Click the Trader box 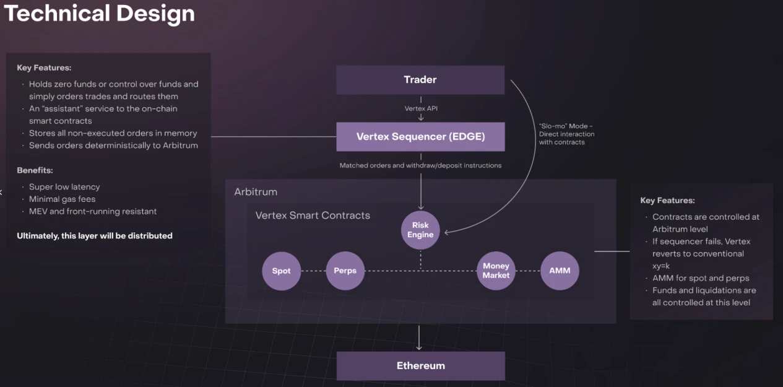(x=420, y=80)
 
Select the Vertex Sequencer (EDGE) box (x=420, y=137)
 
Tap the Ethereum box (x=420, y=366)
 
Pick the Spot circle (x=281, y=271)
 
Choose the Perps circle (x=345, y=271)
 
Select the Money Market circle (x=496, y=271)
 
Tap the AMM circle (x=560, y=271)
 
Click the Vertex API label (x=420, y=108)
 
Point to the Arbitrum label (x=256, y=192)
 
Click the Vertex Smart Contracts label (x=313, y=215)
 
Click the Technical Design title (x=99, y=13)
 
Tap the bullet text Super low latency (x=64, y=187)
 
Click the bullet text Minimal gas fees (x=62, y=199)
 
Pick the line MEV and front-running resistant (x=93, y=212)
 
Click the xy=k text (x=661, y=266)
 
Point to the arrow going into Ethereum (x=420, y=337)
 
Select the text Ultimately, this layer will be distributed (x=95, y=236)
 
